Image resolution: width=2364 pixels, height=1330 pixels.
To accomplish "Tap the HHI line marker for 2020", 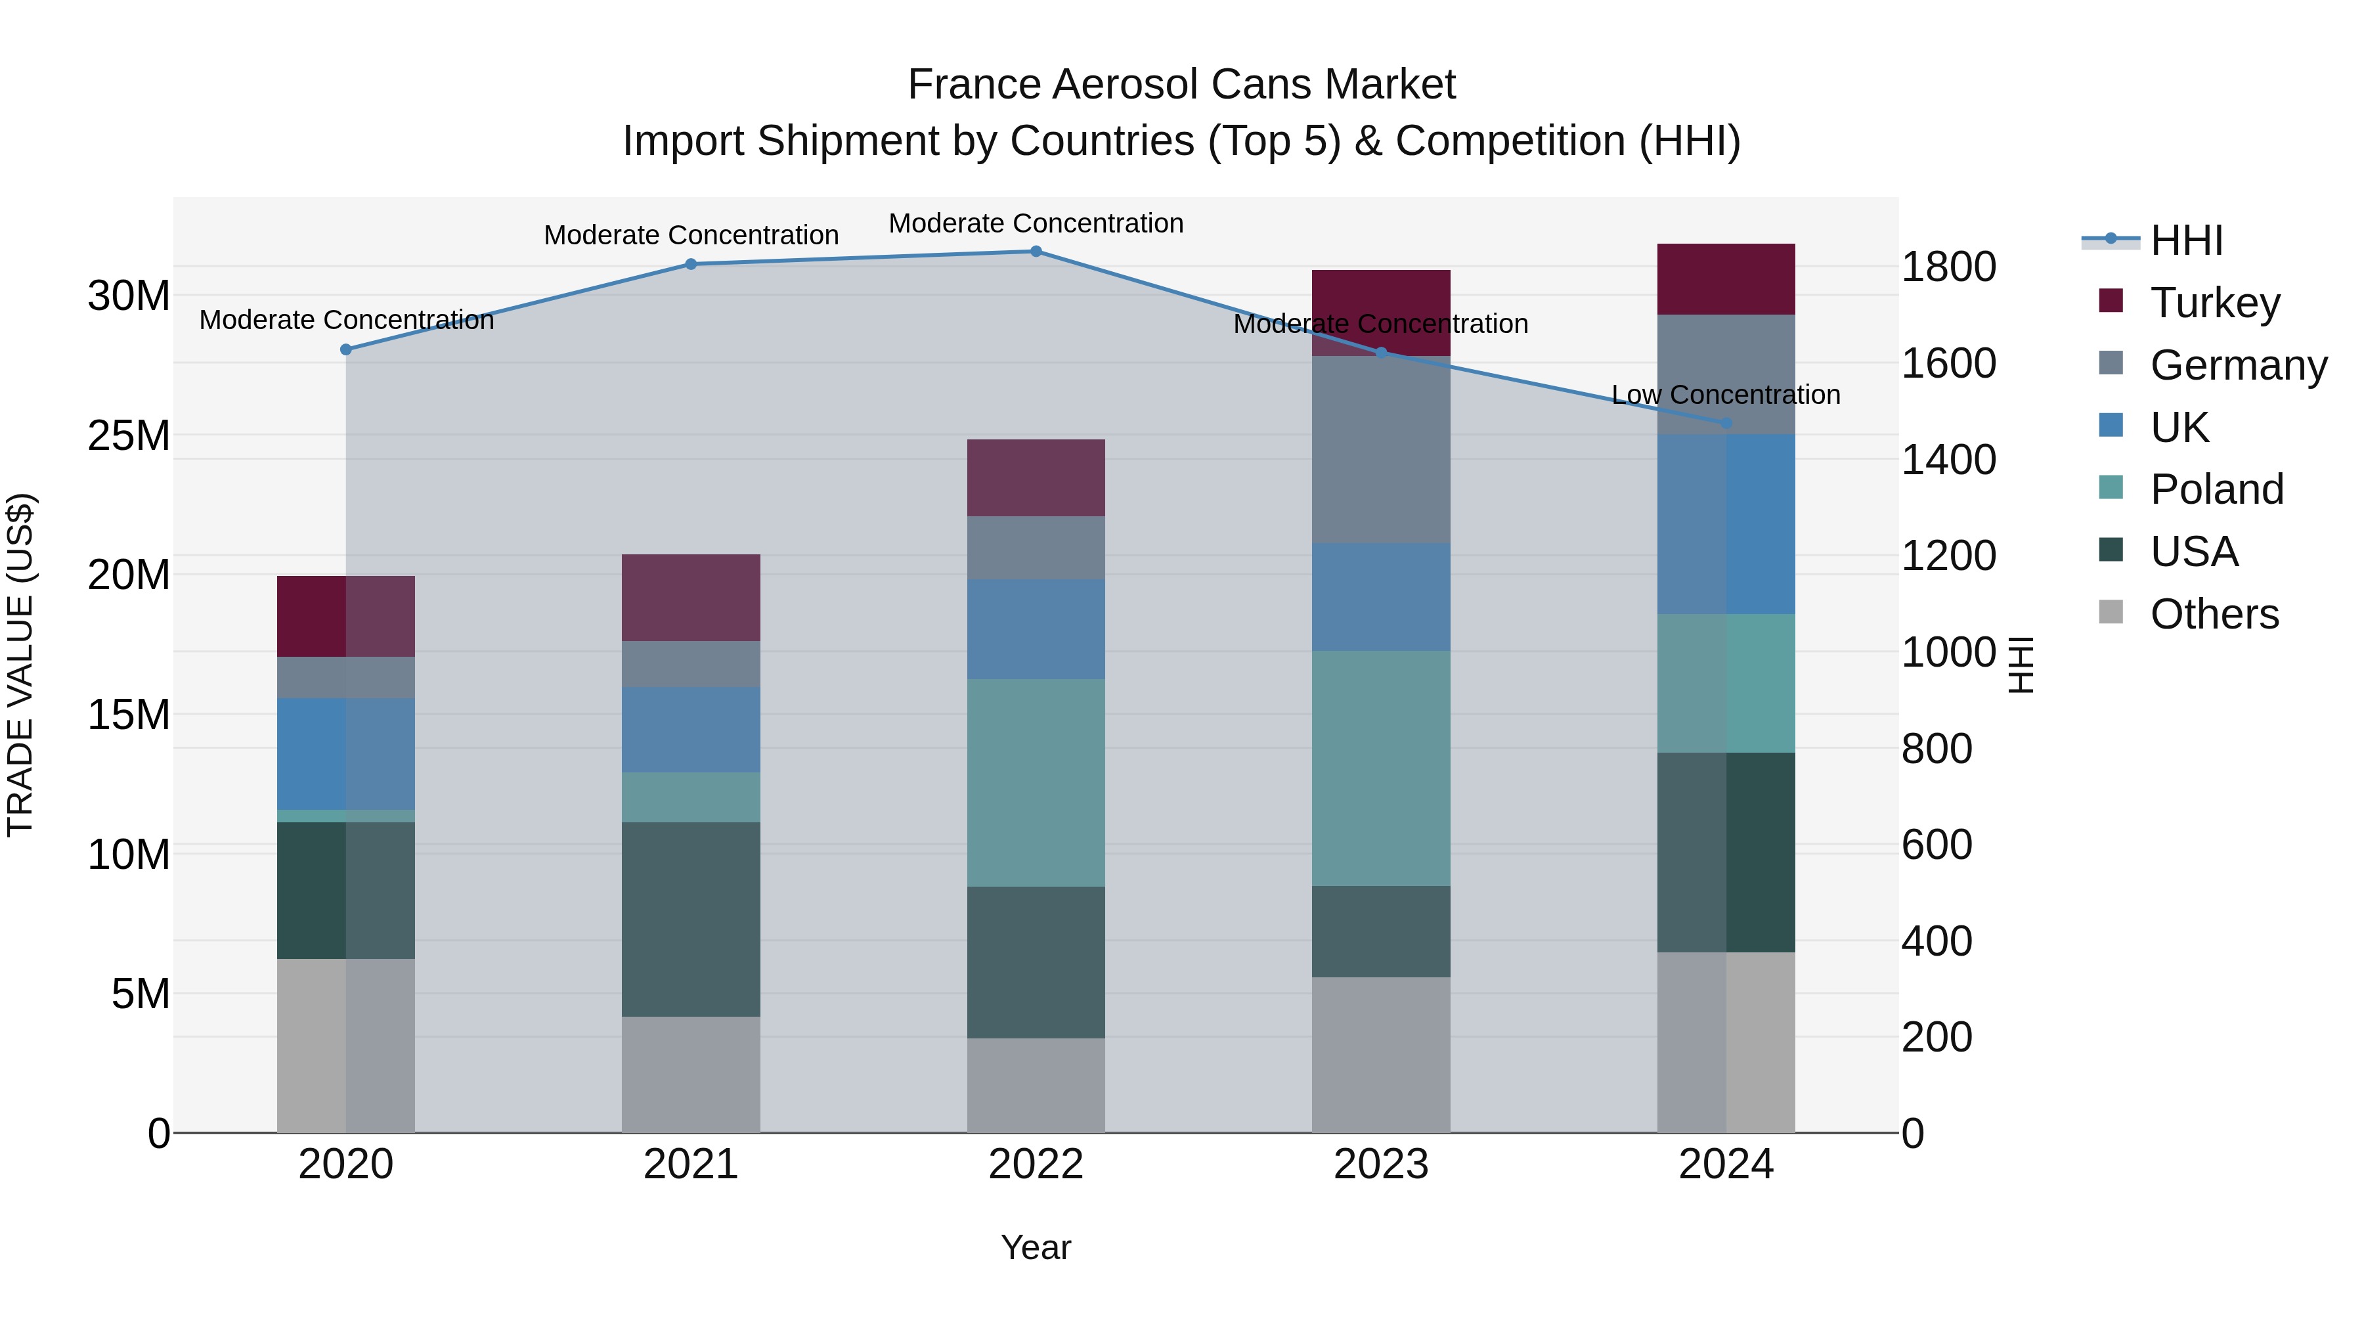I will click(346, 349).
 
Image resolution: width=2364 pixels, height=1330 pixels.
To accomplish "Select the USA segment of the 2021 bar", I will click(690, 919).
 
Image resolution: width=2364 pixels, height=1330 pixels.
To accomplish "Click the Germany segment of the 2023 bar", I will click(1380, 450).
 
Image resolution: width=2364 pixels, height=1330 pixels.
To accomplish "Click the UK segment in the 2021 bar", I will click(690, 730).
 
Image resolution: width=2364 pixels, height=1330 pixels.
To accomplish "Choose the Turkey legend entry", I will click(2214, 303).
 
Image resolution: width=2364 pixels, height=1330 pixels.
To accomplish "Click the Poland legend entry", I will click(2216, 489).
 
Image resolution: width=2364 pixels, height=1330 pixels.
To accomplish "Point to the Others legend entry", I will click(2214, 614).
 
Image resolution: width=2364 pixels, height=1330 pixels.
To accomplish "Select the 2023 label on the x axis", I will click(1380, 1164).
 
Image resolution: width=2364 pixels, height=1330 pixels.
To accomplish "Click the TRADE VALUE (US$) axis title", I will click(20, 665).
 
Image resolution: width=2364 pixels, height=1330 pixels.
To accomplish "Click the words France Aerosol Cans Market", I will click(1181, 85).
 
